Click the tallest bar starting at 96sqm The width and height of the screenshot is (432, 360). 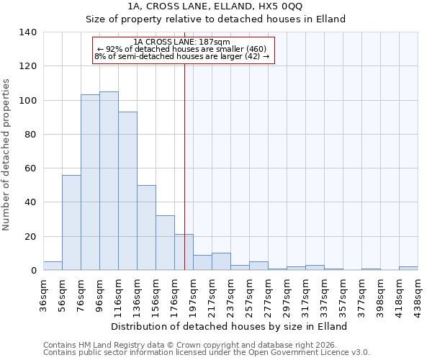(x=109, y=181)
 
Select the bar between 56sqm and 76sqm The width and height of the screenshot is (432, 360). (x=71, y=222)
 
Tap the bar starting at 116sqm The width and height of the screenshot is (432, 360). (x=127, y=191)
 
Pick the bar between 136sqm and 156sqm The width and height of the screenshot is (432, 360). (x=146, y=228)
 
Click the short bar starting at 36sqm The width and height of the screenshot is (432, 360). (x=53, y=266)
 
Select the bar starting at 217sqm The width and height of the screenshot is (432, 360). (x=221, y=262)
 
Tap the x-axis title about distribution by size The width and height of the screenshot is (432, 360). (x=229, y=326)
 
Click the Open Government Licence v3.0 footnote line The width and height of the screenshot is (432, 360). (x=207, y=352)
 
